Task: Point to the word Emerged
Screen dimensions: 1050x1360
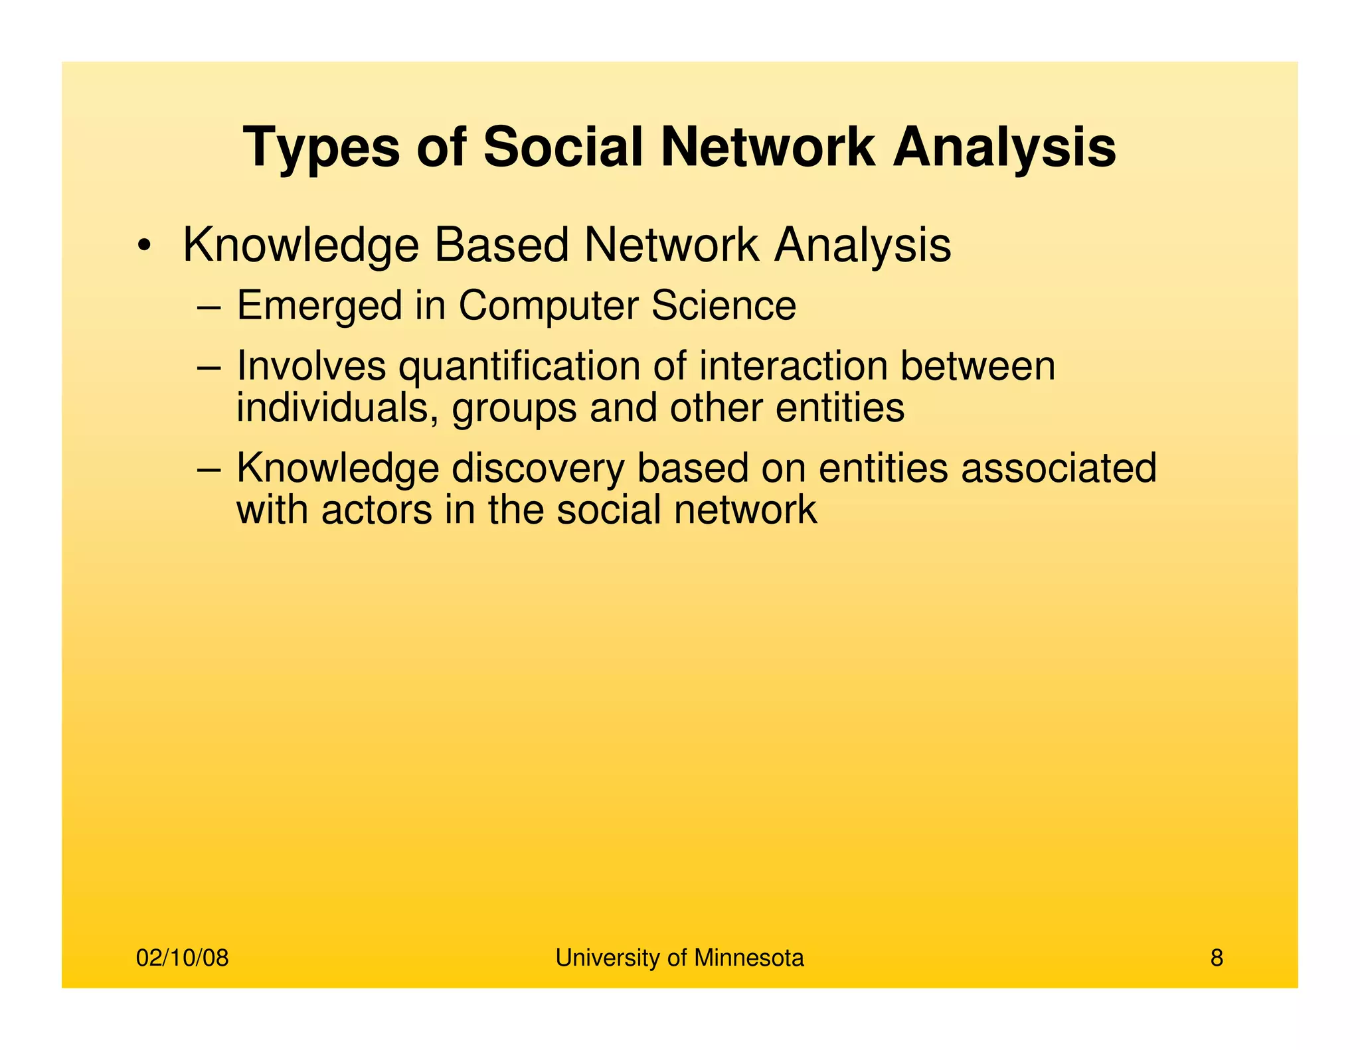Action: coord(319,307)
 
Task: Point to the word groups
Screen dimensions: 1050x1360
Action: coord(514,409)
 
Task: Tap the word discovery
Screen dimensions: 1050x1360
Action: coord(538,469)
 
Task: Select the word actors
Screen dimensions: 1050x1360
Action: coord(377,510)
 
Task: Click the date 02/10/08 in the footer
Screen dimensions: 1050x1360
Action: coord(182,958)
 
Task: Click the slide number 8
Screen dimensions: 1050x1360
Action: coord(1216,958)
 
